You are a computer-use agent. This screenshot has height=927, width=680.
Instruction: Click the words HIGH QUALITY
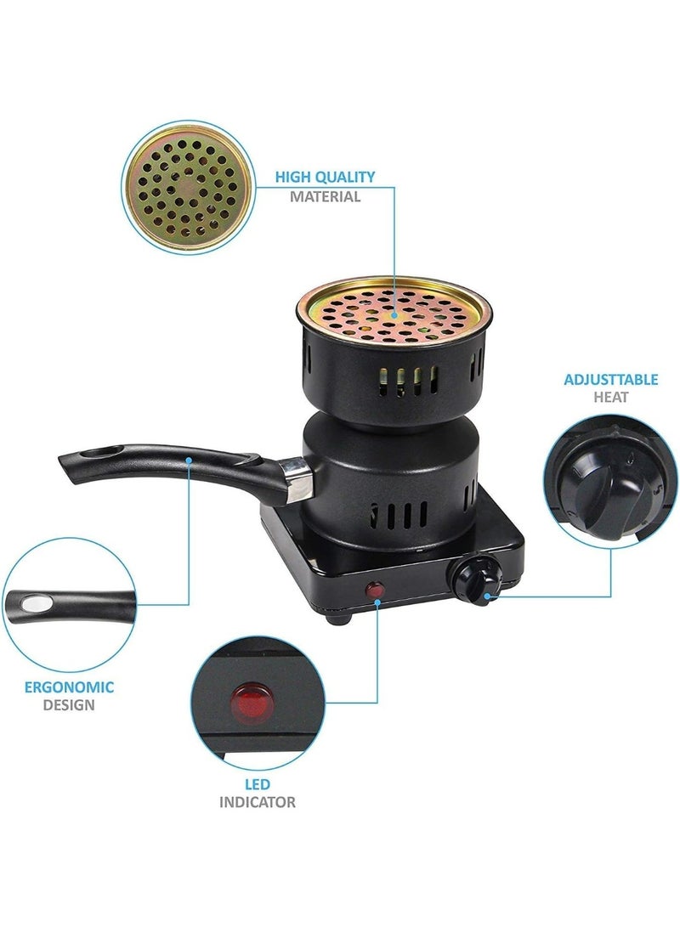pyautogui.click(x=324, y=177)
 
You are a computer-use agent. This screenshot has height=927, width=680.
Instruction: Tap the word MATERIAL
pyautogui.click(x=326, y=196)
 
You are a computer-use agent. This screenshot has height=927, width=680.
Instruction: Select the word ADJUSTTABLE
pyautogui.click(x=610, y=379)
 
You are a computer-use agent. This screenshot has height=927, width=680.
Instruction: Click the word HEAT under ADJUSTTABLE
pyautogui.click(x=610, y=397)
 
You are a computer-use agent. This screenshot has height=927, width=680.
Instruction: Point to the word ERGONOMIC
pyautogui.click(x=69, y=687)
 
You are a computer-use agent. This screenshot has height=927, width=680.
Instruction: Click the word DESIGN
pyautogui.click(x=69, y=704)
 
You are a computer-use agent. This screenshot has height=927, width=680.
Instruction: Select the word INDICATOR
pyautogui.click(x=258, y=801)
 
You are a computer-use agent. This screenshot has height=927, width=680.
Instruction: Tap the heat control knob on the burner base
pyautogui.click(x=468, y=579)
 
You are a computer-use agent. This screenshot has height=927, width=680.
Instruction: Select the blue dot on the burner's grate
pyautogui.click(x=394, y=314)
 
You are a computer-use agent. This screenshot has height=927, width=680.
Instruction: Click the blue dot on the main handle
pyautogui.click(x=189, y=459)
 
